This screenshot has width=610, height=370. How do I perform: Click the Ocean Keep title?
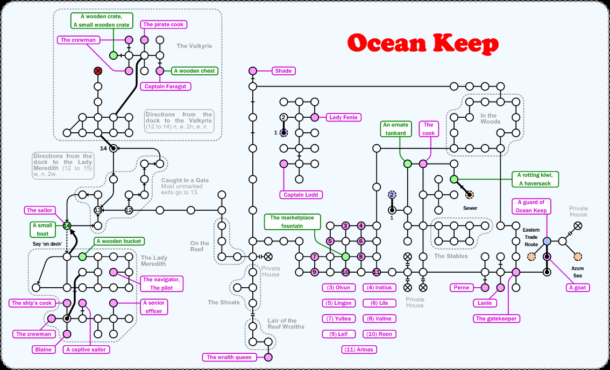pos(423,43)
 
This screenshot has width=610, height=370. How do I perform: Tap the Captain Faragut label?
pos(167,86)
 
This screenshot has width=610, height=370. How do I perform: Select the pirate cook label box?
pos(163,24)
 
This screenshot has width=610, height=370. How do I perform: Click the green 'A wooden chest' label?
pos(194,70)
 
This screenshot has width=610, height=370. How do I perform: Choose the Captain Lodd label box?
pos(300,195)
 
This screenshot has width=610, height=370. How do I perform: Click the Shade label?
pos(283,71)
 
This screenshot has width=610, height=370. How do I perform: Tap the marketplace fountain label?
pos(292,222)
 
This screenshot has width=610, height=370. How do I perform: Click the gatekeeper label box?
pos(496,318)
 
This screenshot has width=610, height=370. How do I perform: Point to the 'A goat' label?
pos(578,288)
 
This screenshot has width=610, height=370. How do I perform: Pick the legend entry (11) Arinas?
pos(359,350)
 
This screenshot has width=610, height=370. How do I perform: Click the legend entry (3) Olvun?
pos(339,288)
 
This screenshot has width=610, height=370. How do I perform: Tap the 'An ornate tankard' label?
pos(395,129)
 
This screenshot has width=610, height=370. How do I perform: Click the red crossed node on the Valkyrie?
pos(98,71)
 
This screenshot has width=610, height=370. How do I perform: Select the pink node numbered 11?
pos(377,272)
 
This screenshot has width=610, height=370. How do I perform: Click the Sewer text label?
pos(470,208)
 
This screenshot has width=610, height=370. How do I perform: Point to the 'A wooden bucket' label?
pos(118,241)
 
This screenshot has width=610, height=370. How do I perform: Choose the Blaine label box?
pos(44,350)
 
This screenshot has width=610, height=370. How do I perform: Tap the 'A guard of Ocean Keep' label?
pos(531,206)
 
